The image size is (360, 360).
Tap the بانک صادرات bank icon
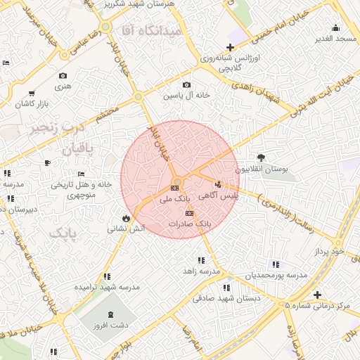pyautogui.click(x=188, y=213)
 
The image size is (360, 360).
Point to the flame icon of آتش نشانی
pyautogui.click(x=126, y=218)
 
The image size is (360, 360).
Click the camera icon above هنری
pyautogui.click(x=63, y=75)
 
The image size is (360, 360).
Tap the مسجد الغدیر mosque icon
pyautogui.click(x=335, y=28)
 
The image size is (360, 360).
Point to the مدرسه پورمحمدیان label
pyautogui.click(x=276, y=275)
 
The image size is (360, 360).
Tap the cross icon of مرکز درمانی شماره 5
pyautogui.click(x=318, y=295)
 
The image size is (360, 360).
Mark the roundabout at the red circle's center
pyautogui.click(x=176, y=185)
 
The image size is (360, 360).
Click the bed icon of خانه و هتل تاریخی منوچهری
pyautogui.click(x=81, y=174)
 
